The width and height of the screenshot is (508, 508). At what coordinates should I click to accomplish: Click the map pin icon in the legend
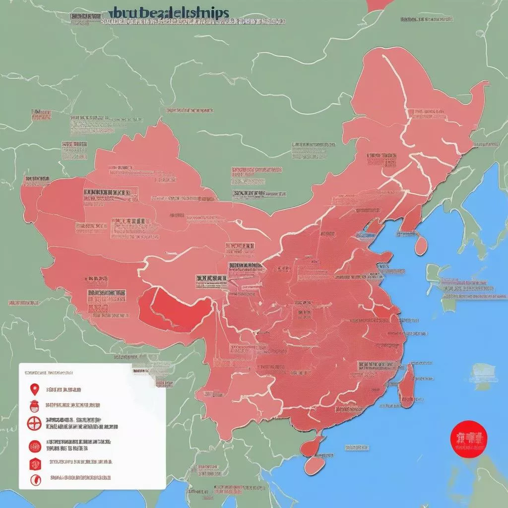(x=34, y=389)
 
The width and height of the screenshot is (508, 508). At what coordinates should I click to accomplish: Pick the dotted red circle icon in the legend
(x=34, y=446)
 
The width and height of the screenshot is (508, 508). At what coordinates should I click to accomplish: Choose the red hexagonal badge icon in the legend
(x=34, y=464)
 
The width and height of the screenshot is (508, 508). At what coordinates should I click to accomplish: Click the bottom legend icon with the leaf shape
(x=34, y=479)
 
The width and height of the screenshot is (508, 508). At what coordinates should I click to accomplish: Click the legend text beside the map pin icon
(x=64, y=390)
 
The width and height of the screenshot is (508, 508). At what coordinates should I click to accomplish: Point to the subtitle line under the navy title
(x=193, y=22)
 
